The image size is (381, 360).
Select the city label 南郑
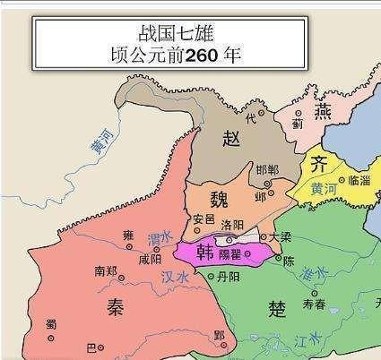click(106, 270)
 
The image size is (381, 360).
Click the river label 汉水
click(175, 277)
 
